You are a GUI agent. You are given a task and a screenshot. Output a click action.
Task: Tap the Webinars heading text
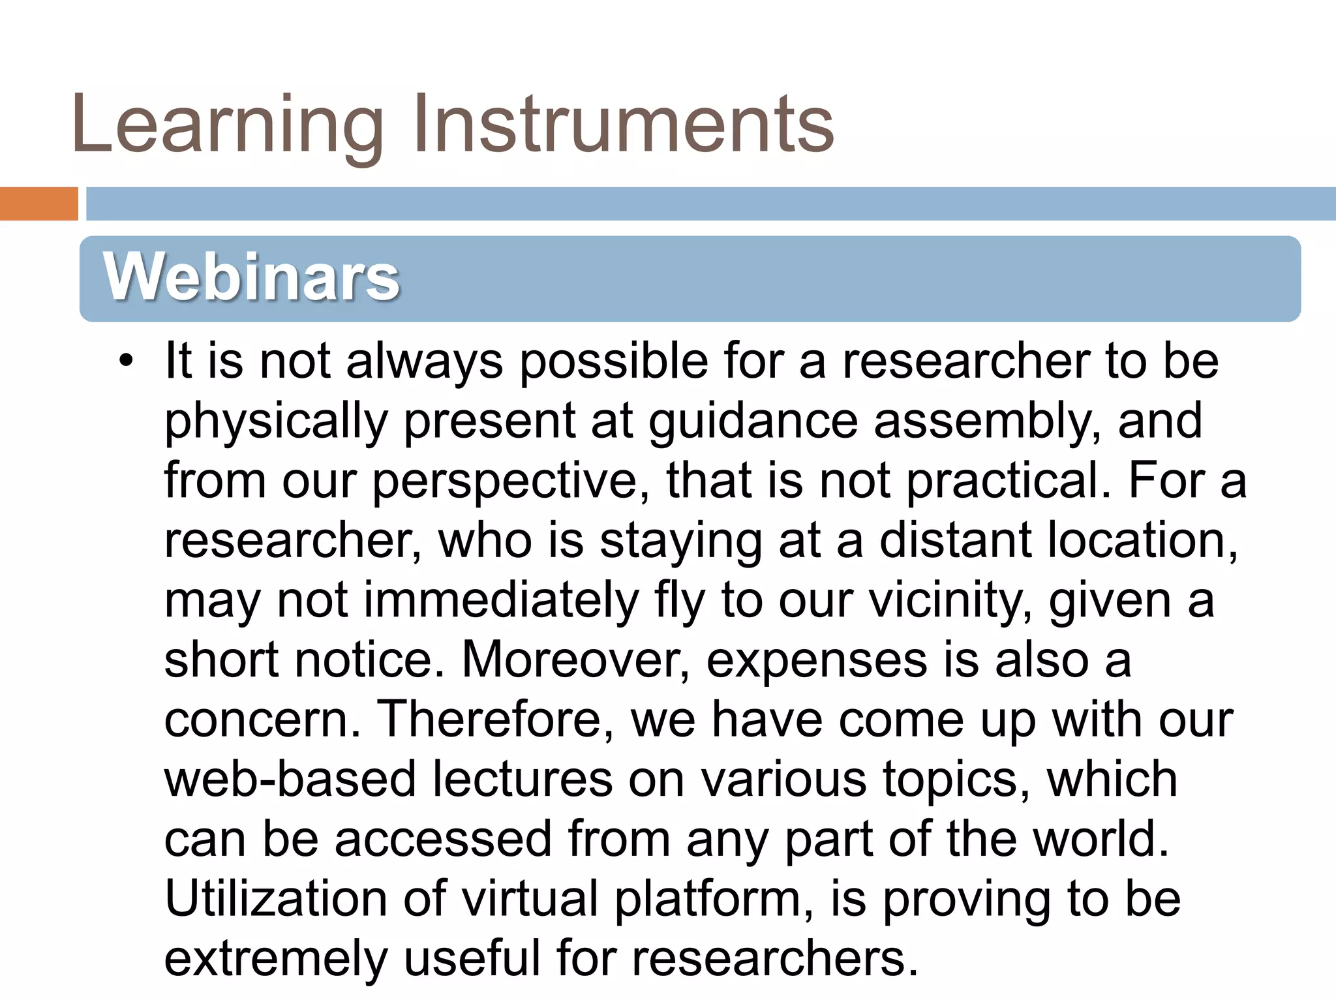point(251,277)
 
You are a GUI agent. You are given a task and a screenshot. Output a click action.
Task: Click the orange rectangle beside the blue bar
point(38,204)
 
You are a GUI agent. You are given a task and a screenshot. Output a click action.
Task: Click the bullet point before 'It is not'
point(126,361)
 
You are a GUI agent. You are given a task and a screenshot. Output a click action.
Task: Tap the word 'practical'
point(1008,481)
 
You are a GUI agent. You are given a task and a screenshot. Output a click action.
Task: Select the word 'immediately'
point(501,601)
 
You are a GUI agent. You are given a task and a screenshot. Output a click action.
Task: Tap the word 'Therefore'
point(496,720)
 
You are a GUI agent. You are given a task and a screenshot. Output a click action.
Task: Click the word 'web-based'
point(290,780)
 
